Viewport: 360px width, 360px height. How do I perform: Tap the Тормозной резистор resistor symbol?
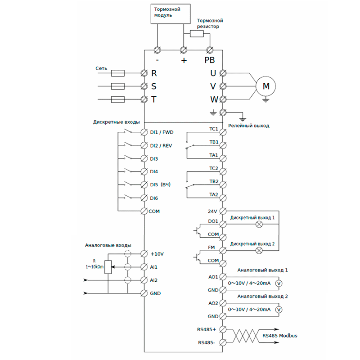coord(197,34)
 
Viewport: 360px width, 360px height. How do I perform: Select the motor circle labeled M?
coord(265,86)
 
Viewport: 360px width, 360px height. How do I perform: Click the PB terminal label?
coord(210,60)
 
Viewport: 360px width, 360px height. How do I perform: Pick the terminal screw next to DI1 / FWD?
coord(144,132)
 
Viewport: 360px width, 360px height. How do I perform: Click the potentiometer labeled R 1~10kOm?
coord(108,267)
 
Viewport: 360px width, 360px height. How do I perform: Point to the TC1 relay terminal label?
coord(213,130)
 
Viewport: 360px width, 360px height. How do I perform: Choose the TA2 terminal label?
coord(213,195)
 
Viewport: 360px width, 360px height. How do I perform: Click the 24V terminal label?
coord(213,211)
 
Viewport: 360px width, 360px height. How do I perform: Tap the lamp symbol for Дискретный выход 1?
coord(259,224)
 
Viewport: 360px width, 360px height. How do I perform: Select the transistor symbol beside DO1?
coord(197,230)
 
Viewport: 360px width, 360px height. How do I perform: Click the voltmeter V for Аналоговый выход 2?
coord(278,310)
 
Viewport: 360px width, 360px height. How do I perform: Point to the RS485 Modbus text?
coord(279,336)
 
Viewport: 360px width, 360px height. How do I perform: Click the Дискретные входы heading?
coord(117,122)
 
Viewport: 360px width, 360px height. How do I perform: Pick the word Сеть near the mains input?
coord(101,68)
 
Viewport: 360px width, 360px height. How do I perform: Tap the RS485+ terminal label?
coord(207,329)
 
